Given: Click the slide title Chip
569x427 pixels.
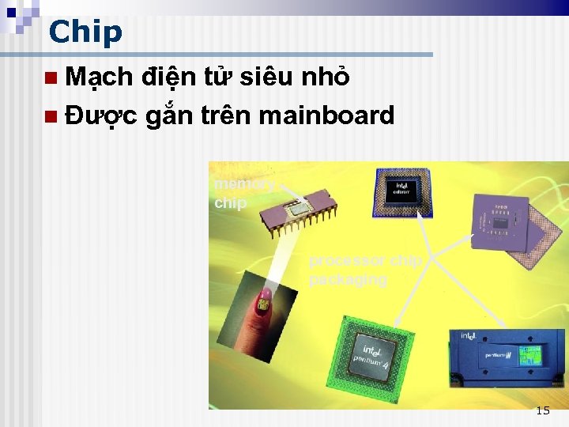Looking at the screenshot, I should click(85, 32).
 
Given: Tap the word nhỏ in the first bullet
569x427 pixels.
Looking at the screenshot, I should click(324, 77).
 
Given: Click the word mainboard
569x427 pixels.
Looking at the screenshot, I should click(326, 115).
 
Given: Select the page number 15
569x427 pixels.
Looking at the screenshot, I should click(542, 410).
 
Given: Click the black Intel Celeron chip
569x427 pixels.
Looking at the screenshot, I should click(403, 192).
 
